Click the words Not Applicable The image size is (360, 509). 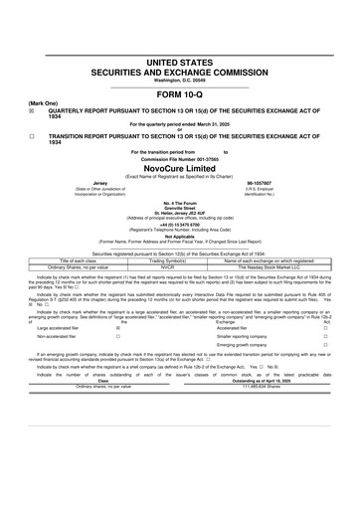[x=180, y=235]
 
